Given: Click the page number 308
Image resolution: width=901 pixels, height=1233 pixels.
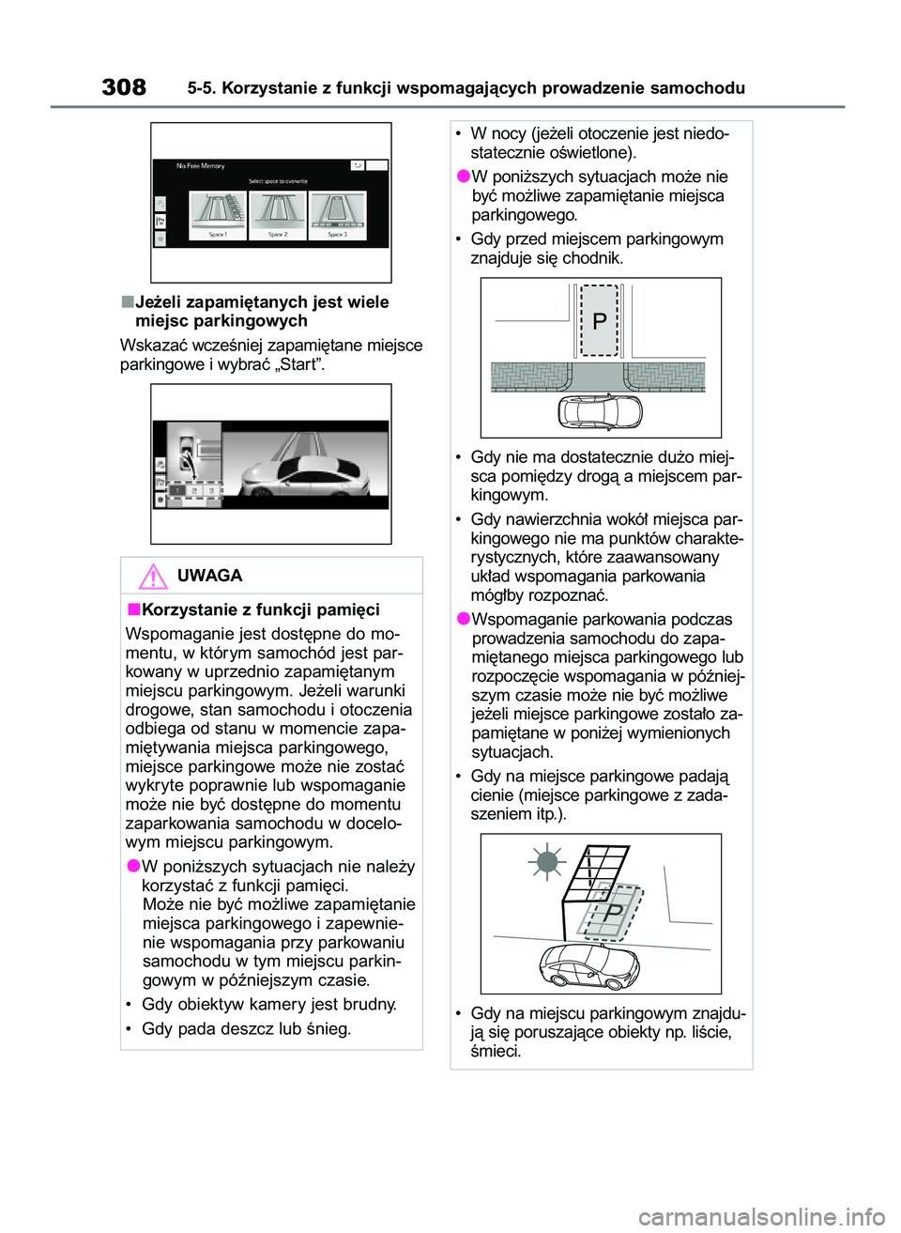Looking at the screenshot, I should click(x=124, y=87).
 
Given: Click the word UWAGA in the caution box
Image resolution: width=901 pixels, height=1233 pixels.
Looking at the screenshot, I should click(x=209, y=576).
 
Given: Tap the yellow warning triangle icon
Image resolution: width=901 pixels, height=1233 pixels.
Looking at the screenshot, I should click(x=152, y=576).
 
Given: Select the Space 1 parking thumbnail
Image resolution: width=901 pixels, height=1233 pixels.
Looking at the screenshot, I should click(x=218, y=215).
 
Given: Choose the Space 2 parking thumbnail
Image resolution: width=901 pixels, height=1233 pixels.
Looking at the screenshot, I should click(x=278, y=215).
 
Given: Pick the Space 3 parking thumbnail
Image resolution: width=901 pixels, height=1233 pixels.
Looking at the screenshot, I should click(x=337, y=215).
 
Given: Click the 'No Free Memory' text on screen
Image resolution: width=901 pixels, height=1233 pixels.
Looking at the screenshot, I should click(x=201, y=166).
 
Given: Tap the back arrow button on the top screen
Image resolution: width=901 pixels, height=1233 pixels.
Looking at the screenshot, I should click(x=358, y=165).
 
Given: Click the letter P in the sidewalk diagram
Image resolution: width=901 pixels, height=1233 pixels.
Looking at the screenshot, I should click(x=600, y=322).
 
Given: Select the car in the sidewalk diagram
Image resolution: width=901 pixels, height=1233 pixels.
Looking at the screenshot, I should click(x=600, y=411).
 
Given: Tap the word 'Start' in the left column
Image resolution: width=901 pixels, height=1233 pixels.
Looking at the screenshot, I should click(x=297, y=364).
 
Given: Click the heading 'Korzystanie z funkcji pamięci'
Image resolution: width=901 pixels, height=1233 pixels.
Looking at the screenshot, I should click(x=260, y=609).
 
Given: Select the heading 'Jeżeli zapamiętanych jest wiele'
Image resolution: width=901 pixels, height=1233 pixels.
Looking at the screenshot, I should click(x=262, y=302).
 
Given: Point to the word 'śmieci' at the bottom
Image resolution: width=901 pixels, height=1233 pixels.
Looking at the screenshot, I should click(x=495, y=1051).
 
